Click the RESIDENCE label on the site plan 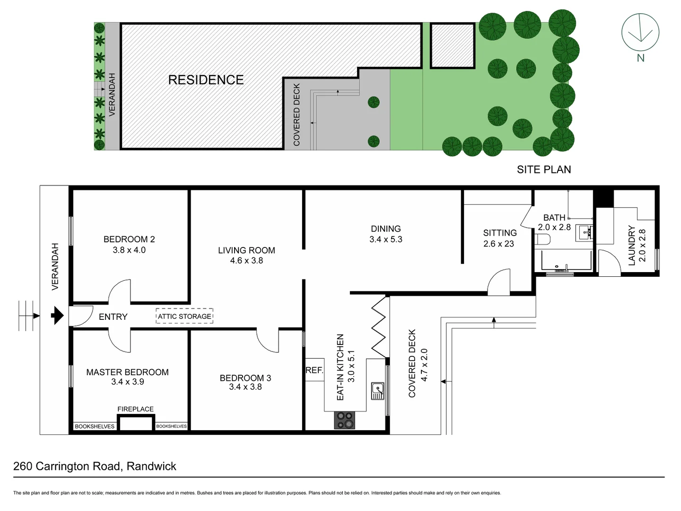tap(206, 80)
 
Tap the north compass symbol tap(640, 32)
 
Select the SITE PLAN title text tap(543, 169)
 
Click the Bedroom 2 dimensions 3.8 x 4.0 tap(129, 250)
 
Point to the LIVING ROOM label tap(246, 250)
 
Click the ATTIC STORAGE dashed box tap(184, 316)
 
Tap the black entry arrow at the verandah tap(57, 316)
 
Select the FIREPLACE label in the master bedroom tap(135, 409)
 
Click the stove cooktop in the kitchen tap(344, 420)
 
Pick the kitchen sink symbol tap(377, 391)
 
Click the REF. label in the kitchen tap(314, 370)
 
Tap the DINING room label tap(385, 229)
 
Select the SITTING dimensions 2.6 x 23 tap(498, 244)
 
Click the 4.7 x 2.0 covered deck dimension tap(424, 365)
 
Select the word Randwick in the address tap(151, 467)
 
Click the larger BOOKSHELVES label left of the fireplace tap(95, 426)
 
